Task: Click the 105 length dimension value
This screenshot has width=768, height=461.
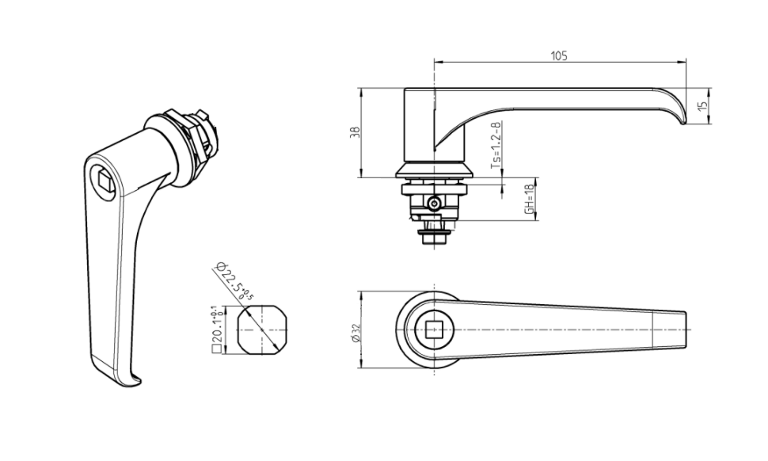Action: (x=559, y=55)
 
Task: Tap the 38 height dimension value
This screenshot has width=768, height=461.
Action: (x=354, y=132)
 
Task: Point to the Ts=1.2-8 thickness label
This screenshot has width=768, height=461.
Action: (x=496, y=147)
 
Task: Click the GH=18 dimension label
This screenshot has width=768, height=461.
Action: (x=528, y=200)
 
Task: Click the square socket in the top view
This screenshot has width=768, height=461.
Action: (x=433, y=330)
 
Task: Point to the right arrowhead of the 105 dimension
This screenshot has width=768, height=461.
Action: (x=683, y=63)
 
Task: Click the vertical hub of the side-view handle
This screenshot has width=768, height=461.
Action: (x=420, y=123)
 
